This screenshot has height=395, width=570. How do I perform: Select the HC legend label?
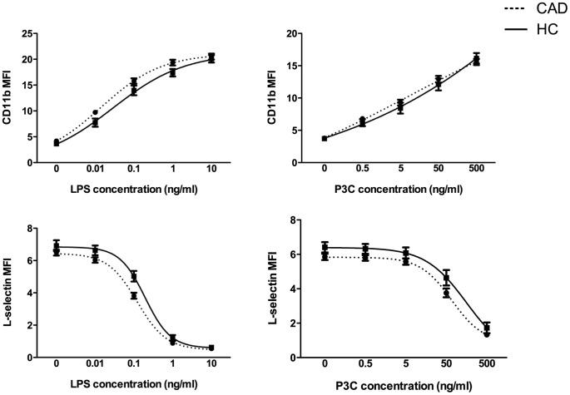(536, 30)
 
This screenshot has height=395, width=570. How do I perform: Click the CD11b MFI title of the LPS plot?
(10, 97)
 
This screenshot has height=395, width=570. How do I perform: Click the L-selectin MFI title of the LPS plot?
(10, 292)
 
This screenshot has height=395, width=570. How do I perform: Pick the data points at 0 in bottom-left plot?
(57, 248)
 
